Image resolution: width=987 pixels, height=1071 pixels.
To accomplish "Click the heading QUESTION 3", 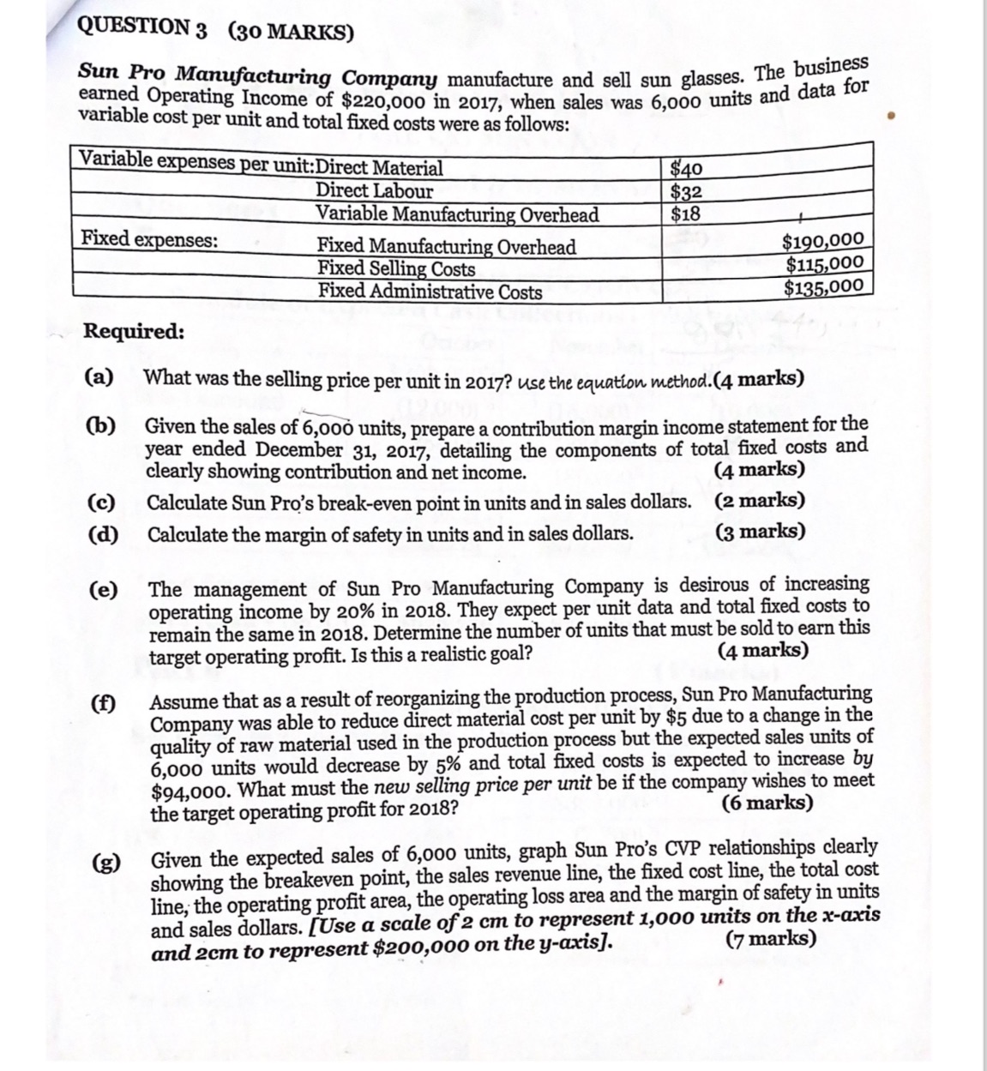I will click(x=142, y=27).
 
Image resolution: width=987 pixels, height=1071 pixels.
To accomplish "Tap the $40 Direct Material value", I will click(x=686, y=169).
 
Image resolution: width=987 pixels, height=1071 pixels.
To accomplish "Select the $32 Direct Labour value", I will click(x=686, y=191).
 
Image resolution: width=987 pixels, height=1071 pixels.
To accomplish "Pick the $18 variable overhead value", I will click(x=685, y=214).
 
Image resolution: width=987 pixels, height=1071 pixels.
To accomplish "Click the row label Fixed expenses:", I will click(x=149, y=239).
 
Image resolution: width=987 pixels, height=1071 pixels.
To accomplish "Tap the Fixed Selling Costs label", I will click(x=396, y=268).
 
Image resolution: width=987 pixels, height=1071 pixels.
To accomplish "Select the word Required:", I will click(x=134, y=332).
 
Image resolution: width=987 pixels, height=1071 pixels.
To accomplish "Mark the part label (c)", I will click(x=103, y=502).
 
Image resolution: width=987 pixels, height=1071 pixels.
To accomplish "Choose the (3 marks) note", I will click(x=761, y=532).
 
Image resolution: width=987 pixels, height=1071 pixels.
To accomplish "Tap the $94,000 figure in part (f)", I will click(x=189, y=791).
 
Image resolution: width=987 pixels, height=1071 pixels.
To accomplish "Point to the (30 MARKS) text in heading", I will click(x=291, y=33).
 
